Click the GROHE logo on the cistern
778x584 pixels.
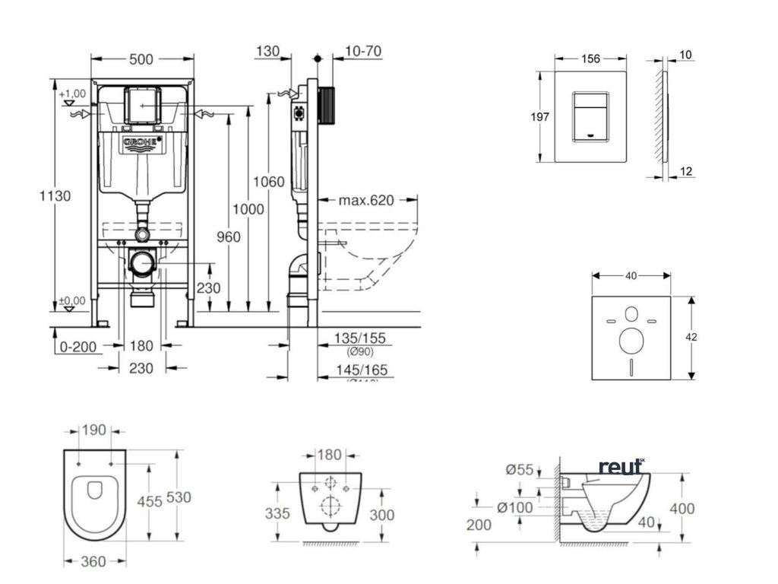(141, 142)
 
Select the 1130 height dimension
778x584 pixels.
(55, 195)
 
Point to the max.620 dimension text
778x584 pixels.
(366, 201)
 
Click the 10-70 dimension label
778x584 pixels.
(362, 52)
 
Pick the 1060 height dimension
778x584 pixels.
(269, 182)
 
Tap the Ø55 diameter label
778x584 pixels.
(520, 470)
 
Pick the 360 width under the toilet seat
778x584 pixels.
(93, 562)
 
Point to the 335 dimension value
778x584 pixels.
(277, 513)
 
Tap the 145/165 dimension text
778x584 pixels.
(362, 370)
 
